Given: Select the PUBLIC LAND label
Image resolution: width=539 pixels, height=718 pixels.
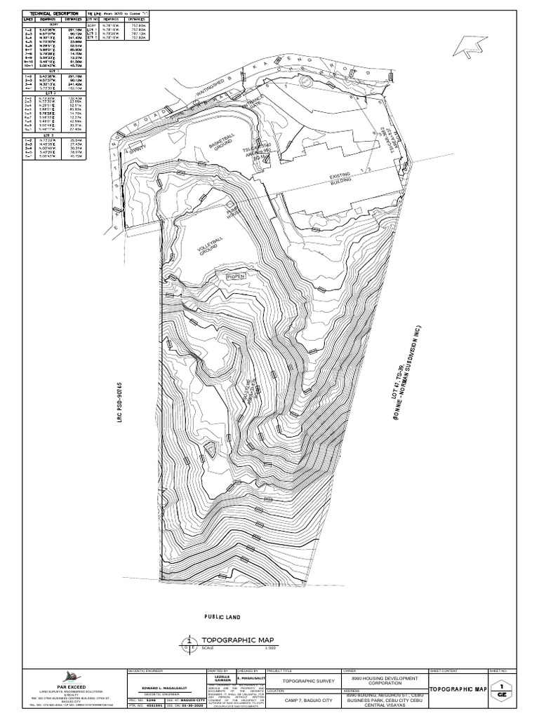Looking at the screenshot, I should click(x=222, y=617).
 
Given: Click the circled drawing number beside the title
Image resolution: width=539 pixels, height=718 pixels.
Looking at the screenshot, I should click(x=189, y=642).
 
